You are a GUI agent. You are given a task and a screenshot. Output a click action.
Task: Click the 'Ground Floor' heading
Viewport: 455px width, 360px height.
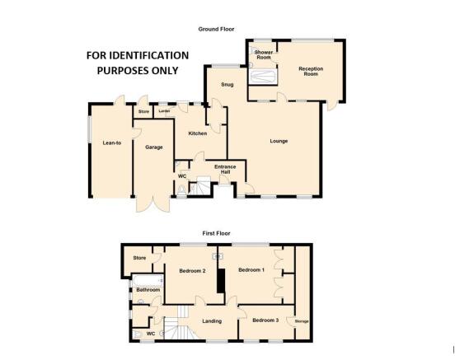coord(216,29)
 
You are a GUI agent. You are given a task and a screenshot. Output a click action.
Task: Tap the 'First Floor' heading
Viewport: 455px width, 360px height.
coord(216,233)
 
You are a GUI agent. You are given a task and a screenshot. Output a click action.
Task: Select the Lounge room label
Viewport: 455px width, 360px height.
coord(279,141)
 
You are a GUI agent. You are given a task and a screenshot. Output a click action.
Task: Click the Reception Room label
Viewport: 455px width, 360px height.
coord(311,72)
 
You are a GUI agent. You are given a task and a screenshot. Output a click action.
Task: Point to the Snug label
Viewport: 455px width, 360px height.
coord(227,85)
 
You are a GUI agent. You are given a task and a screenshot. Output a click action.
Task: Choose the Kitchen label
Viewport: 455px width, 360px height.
coord(198,133)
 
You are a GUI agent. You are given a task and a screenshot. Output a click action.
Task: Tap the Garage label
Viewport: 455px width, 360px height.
coord(154,147)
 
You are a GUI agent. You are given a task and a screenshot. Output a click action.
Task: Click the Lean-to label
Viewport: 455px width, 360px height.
coord(112,143)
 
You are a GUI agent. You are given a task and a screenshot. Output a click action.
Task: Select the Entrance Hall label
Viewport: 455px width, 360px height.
coord(225,170)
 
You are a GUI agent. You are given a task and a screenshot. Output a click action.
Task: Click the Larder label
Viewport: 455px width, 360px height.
coord(164,111)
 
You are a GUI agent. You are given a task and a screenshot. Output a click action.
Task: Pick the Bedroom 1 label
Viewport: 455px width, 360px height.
coord(251,269)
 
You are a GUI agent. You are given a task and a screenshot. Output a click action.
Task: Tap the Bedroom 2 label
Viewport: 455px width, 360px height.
coord(192,271)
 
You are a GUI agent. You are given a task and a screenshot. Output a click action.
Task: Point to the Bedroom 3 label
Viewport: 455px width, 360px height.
coord(265,320)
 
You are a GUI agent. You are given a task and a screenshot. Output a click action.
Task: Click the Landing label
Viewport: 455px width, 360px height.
coord(212,321)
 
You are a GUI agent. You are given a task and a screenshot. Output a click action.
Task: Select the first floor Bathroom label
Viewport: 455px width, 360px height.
coord(148,290)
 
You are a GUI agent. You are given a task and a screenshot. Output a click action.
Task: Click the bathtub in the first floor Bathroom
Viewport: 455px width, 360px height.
coord(148,281)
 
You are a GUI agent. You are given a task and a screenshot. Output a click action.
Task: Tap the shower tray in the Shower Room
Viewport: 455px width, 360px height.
coord(263,77)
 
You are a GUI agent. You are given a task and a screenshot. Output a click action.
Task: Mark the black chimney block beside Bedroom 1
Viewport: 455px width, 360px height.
coord(222,281)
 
